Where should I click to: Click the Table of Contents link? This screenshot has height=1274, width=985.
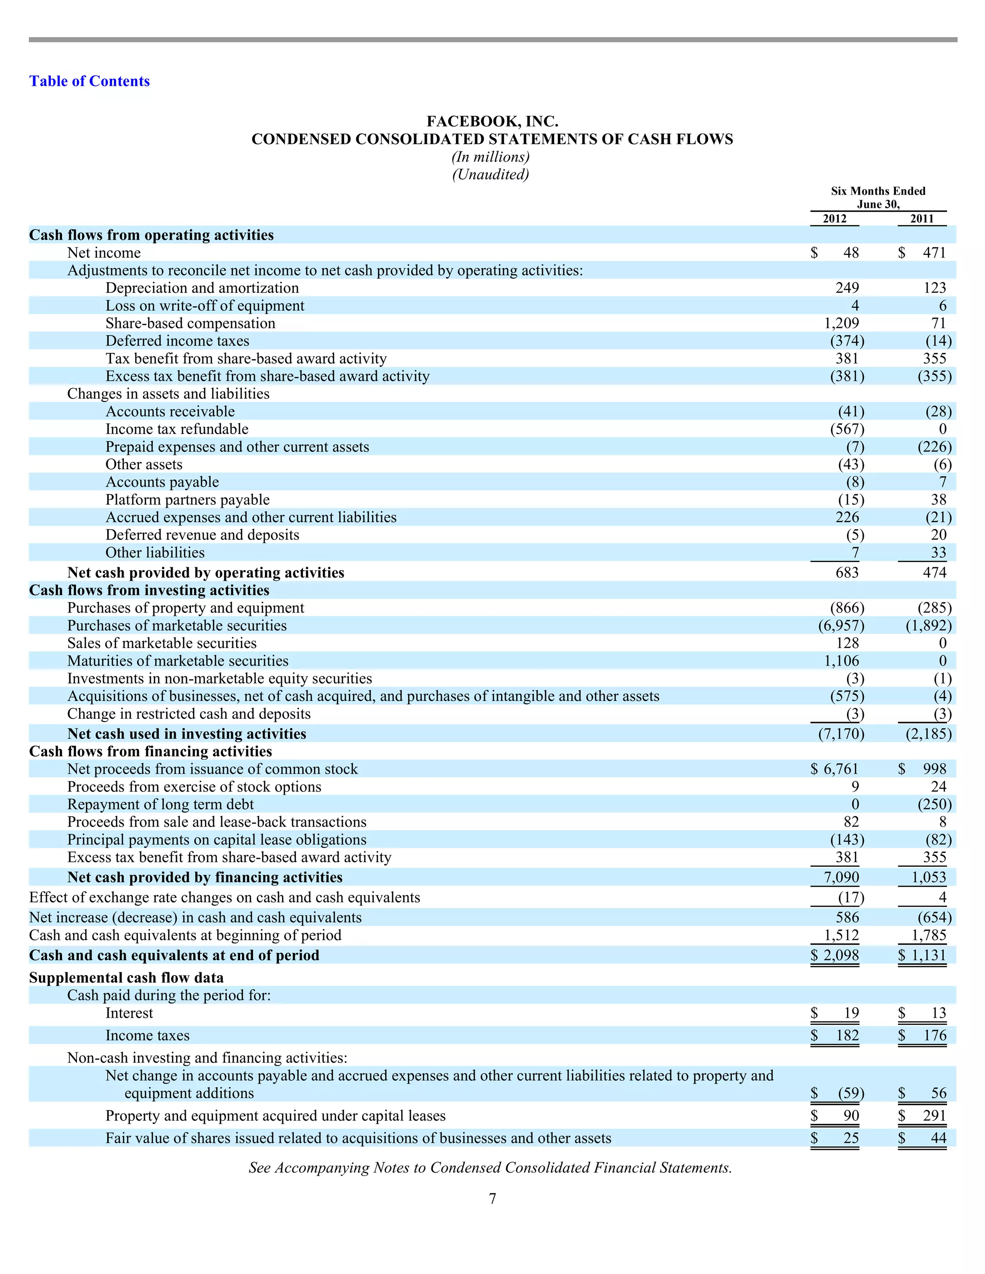click(x=89, y=81)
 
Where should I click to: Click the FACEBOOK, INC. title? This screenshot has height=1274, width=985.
click(x=492, y=121)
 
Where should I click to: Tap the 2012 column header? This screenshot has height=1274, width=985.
click(x=834, y=219)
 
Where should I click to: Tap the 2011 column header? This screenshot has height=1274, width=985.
click(x=922, y=219)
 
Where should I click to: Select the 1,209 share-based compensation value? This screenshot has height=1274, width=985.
click(x=841, y=323)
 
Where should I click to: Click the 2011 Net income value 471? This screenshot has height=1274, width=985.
click(x=934, y=252)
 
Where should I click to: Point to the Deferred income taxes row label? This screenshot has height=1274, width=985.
click(x=177, y=341)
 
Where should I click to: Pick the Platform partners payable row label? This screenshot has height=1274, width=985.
click(x=187, y=500)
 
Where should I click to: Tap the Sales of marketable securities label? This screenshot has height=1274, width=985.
click(x=162, y=643)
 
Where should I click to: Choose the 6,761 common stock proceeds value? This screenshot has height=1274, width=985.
click(x=841, y=769)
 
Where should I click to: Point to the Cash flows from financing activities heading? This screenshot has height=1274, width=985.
click(x=151, y=751)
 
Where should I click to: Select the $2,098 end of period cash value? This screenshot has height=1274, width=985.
click(x=835, y=956)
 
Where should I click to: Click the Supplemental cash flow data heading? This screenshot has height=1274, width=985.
click(x=126, y=978)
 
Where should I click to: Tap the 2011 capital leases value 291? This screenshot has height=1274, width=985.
click(x=934, y=1116)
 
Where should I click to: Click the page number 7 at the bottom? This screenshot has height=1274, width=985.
click(x=492, y=1199)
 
